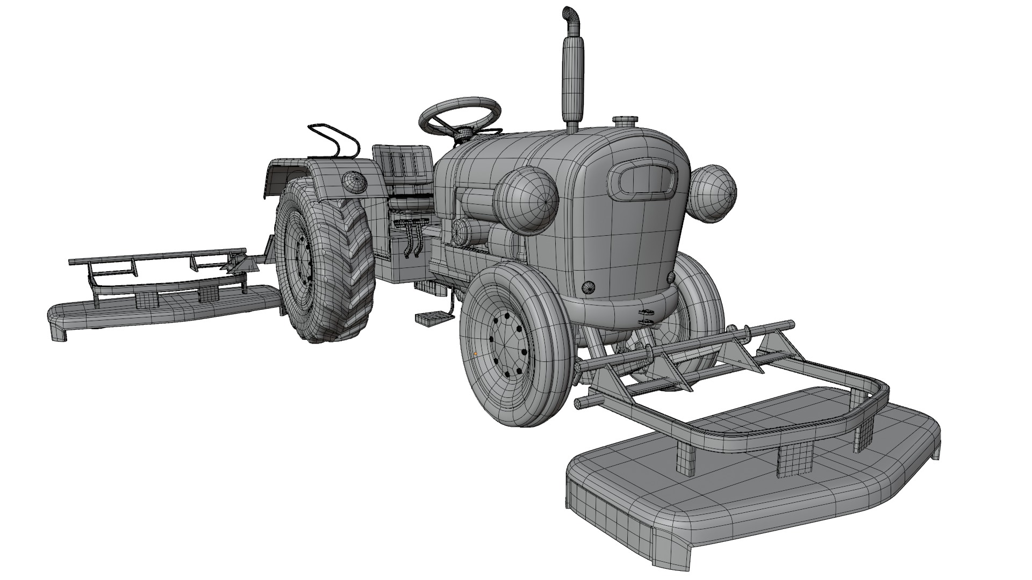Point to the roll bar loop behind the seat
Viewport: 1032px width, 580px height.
click(x=333, y=140)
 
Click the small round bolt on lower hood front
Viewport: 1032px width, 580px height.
click(x=590, y=288)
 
